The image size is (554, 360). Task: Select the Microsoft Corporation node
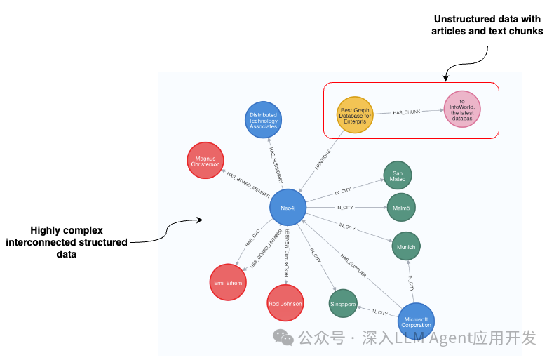tap(417, 321)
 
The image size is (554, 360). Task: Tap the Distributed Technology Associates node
tap(264, 120)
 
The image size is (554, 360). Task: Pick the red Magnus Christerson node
tap(205, 161)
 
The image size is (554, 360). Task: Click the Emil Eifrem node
tap(228, 283)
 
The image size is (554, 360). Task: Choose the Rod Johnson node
tap(285, 303)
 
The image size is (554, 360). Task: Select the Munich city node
tap(406, 247)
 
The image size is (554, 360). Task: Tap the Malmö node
tap(401, 207)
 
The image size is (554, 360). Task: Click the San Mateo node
tap(398, 175)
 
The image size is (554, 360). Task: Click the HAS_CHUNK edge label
tap(407, 112)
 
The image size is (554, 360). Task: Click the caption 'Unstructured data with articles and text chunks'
tap(487, 25)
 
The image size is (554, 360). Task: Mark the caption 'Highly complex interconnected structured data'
tap(67, 242)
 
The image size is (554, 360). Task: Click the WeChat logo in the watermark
tap(283, 338)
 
